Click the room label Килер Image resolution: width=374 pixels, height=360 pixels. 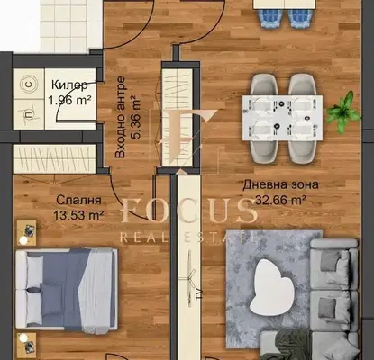click(x=69, y=85)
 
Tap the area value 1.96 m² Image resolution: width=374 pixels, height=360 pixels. click(x=69, y=100)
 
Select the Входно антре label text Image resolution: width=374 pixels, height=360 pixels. click(x=120, y=117)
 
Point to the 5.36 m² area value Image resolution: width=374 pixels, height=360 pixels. click(x=136, y=117)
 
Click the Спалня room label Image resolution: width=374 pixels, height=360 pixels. click(x=78, y=200)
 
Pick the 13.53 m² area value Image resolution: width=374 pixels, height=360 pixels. click(x=78, y=215)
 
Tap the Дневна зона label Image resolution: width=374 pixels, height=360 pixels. click(x=280, y=184)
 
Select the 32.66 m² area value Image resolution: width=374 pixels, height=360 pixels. click(x=280, y=200)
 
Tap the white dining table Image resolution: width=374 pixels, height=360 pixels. click(x=282, y=118)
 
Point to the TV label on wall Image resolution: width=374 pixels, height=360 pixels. click(x=198, y=295)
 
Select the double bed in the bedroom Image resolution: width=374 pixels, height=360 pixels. click(x=66, y=290)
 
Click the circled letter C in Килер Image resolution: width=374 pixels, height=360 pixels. click(x=29, y=85)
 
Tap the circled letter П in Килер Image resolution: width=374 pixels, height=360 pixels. click(x=29, y=114)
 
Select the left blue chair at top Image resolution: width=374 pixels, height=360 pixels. click(x=271, y=19)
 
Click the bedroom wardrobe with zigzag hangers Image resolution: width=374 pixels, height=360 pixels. click(x=55, y=159)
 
